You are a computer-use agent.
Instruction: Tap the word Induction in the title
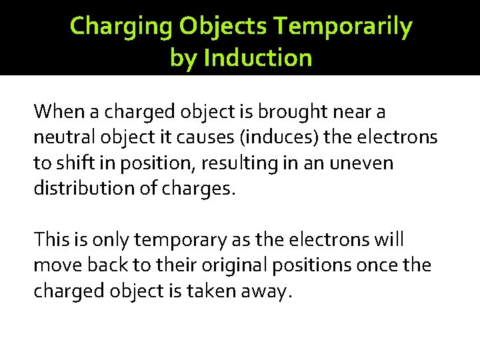(258, 58)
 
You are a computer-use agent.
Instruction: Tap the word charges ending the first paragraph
(197, 189)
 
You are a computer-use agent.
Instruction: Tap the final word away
(269, 291)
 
